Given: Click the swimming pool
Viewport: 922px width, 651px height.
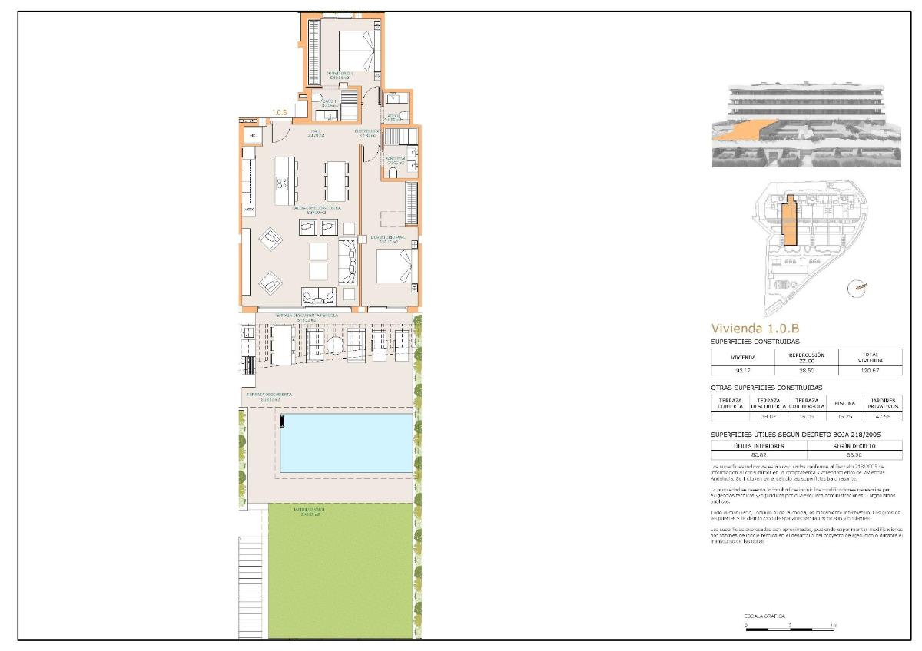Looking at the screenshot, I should pyautogui.click(x=347, y=443).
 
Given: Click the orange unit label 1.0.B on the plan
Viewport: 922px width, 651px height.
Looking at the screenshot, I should pyautogui.click(x=280, y=113).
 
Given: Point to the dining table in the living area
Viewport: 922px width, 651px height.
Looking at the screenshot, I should pyautogui.click(x=337, y=180).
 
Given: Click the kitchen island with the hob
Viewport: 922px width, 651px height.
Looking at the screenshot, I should pyautogui.click(x=284, y=180).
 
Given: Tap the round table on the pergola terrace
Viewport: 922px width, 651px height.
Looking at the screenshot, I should pyautogui.click(x=337, y=346).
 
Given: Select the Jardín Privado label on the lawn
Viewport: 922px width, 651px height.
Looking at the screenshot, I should pyautogui.click(x=307, y=509).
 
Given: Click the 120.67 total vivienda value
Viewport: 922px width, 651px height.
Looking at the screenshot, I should pyautogui.click(x=871, y=371).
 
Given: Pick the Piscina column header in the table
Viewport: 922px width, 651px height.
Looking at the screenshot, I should pyautogui.click(x=844, y=402).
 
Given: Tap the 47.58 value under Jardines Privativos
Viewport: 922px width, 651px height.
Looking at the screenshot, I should pyautogui.click(x=883, y=417).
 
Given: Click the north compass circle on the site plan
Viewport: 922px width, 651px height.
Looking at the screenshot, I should pyautogui.click(x=857, y=288).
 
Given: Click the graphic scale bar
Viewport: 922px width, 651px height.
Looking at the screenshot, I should pyautogui.click(x=790, y=630).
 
